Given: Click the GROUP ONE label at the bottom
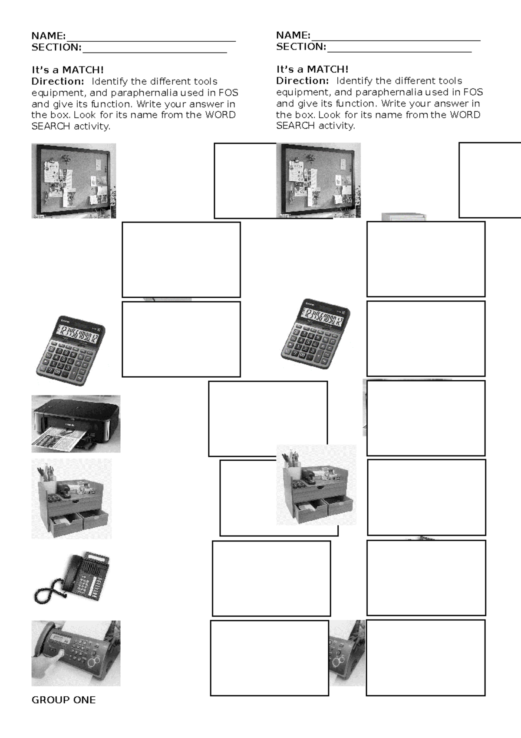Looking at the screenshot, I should tap(63, 700).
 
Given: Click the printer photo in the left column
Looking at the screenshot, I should tap(76, 423).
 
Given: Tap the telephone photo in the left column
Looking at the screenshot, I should tap(72, 578).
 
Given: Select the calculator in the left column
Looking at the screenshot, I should tap(71, 350).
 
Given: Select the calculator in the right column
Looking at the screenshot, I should tap(316, 334).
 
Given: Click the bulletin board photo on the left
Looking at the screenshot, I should tap(73, 181).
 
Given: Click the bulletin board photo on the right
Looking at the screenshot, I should tap(318, 180).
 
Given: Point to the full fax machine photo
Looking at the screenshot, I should tap(76, 653).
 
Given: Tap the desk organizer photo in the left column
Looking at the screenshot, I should tap(71, 499).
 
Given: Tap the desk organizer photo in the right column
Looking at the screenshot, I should tap(316, 485).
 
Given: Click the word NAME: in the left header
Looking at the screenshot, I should tap(48, 36).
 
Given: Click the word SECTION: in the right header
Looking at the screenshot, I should tap(301, 47).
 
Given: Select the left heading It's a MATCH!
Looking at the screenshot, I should tap(67, 70).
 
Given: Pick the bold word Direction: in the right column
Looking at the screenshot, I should tap(302, 81).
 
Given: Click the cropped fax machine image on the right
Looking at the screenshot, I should tap(347, 653).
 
